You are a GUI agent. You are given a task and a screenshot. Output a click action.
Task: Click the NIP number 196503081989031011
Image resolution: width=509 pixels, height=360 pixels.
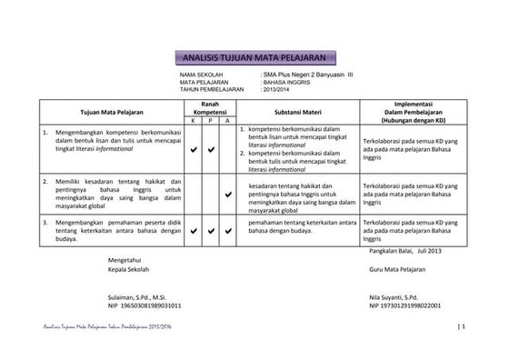[150, 305]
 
